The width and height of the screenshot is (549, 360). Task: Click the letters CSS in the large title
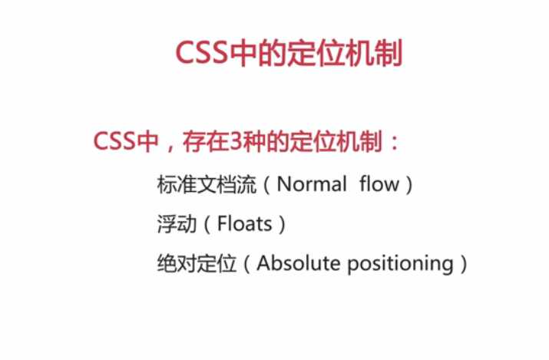click(x=202, y=53)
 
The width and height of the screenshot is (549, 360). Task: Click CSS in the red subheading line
click(x=114, y=141)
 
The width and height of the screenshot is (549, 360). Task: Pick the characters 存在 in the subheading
click(x=205, y=141)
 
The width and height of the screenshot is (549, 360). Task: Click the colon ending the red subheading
click(x=395, y=143)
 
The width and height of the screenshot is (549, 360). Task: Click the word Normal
click(x=312, y=184)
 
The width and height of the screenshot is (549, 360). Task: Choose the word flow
click(x=379, y=183)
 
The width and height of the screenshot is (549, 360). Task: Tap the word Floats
click(x=244, y=223)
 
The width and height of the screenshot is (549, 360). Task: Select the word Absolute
click(x=299, y=263)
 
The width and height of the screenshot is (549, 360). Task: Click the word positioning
click(x=401, y=264)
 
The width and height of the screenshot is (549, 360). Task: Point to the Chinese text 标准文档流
click(x=207, y=184)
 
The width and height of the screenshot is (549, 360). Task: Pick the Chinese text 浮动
click(x=177, y=224)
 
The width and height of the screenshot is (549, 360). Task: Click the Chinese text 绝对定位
click(x=197, y=263)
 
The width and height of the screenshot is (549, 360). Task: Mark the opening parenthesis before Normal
click(x=266, y=184)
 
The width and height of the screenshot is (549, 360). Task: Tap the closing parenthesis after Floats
click(x=282, y=224)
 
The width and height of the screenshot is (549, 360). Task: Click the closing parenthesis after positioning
click(x=464, y=264)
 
